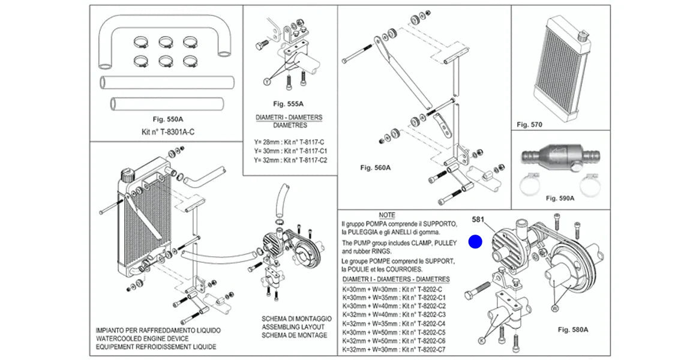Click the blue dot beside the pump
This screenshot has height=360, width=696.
[475, 241]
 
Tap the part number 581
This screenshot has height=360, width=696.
[478, 219]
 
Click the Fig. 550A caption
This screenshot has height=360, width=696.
[168, 119]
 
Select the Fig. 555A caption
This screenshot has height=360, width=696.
[288, 104]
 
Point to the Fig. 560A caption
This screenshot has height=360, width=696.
[375, 168]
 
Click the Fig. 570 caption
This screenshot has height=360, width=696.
[529, 125]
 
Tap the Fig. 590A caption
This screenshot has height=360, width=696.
[560, 198]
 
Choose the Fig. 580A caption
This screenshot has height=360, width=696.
[572, 330]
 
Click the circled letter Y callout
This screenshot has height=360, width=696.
[266, 82]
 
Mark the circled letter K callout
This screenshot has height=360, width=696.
[481, 340]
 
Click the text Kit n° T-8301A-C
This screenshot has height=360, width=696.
[168, 132]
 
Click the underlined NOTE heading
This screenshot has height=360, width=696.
[387, 215]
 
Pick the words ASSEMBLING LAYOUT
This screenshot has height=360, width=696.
[293, 327]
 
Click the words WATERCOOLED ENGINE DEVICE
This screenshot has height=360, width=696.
[142, 338]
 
